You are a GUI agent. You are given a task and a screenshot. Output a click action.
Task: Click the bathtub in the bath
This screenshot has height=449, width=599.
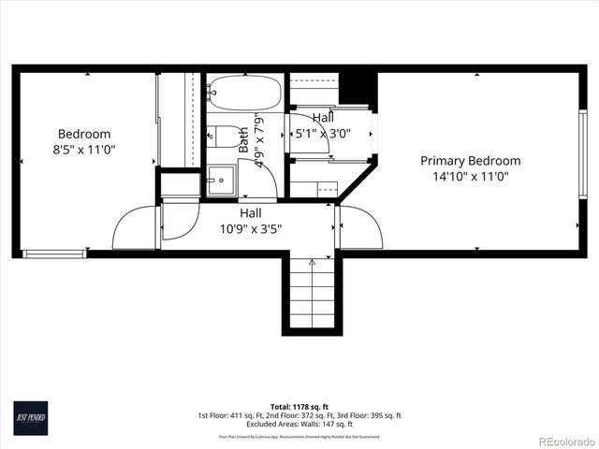[243, 94]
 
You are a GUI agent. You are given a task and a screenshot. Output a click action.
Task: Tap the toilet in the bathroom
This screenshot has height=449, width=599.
[221, 138]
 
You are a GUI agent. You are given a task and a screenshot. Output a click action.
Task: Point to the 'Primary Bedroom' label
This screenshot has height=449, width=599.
[470, 161]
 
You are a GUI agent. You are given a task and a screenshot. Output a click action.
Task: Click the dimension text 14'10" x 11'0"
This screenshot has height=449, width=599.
[470, 176]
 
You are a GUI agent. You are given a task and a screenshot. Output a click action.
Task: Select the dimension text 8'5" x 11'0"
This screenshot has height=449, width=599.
[84, 149]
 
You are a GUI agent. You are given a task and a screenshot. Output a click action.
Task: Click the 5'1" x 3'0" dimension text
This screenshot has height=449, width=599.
[322, 134]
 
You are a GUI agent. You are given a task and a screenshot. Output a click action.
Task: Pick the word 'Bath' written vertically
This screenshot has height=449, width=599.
[243, 140]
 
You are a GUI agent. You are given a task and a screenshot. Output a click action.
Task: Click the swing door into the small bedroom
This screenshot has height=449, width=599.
[134, 230]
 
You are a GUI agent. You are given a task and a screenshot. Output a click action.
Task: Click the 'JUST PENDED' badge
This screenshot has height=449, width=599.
[30, 416]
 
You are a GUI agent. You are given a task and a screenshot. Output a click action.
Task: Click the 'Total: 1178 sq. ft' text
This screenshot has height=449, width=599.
[299, 407]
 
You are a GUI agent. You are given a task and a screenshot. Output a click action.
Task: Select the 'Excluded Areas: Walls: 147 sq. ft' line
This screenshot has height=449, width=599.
[299, 423]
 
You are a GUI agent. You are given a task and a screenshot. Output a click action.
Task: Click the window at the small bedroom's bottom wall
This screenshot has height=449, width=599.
[54, 253]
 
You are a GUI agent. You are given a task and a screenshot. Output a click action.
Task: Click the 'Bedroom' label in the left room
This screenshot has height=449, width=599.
[84, 134]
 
